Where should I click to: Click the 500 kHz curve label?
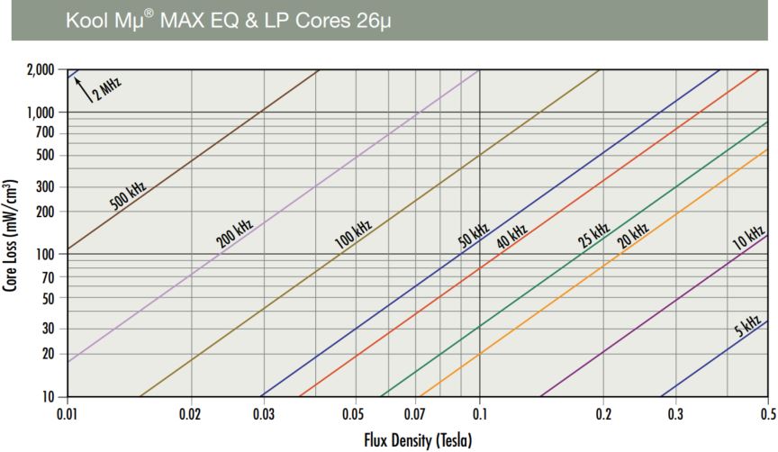128,195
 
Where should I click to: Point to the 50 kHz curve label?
473,233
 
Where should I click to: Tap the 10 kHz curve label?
748,237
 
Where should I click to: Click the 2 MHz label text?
108,90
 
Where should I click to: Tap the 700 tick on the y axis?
43,133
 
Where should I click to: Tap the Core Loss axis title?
12,232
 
